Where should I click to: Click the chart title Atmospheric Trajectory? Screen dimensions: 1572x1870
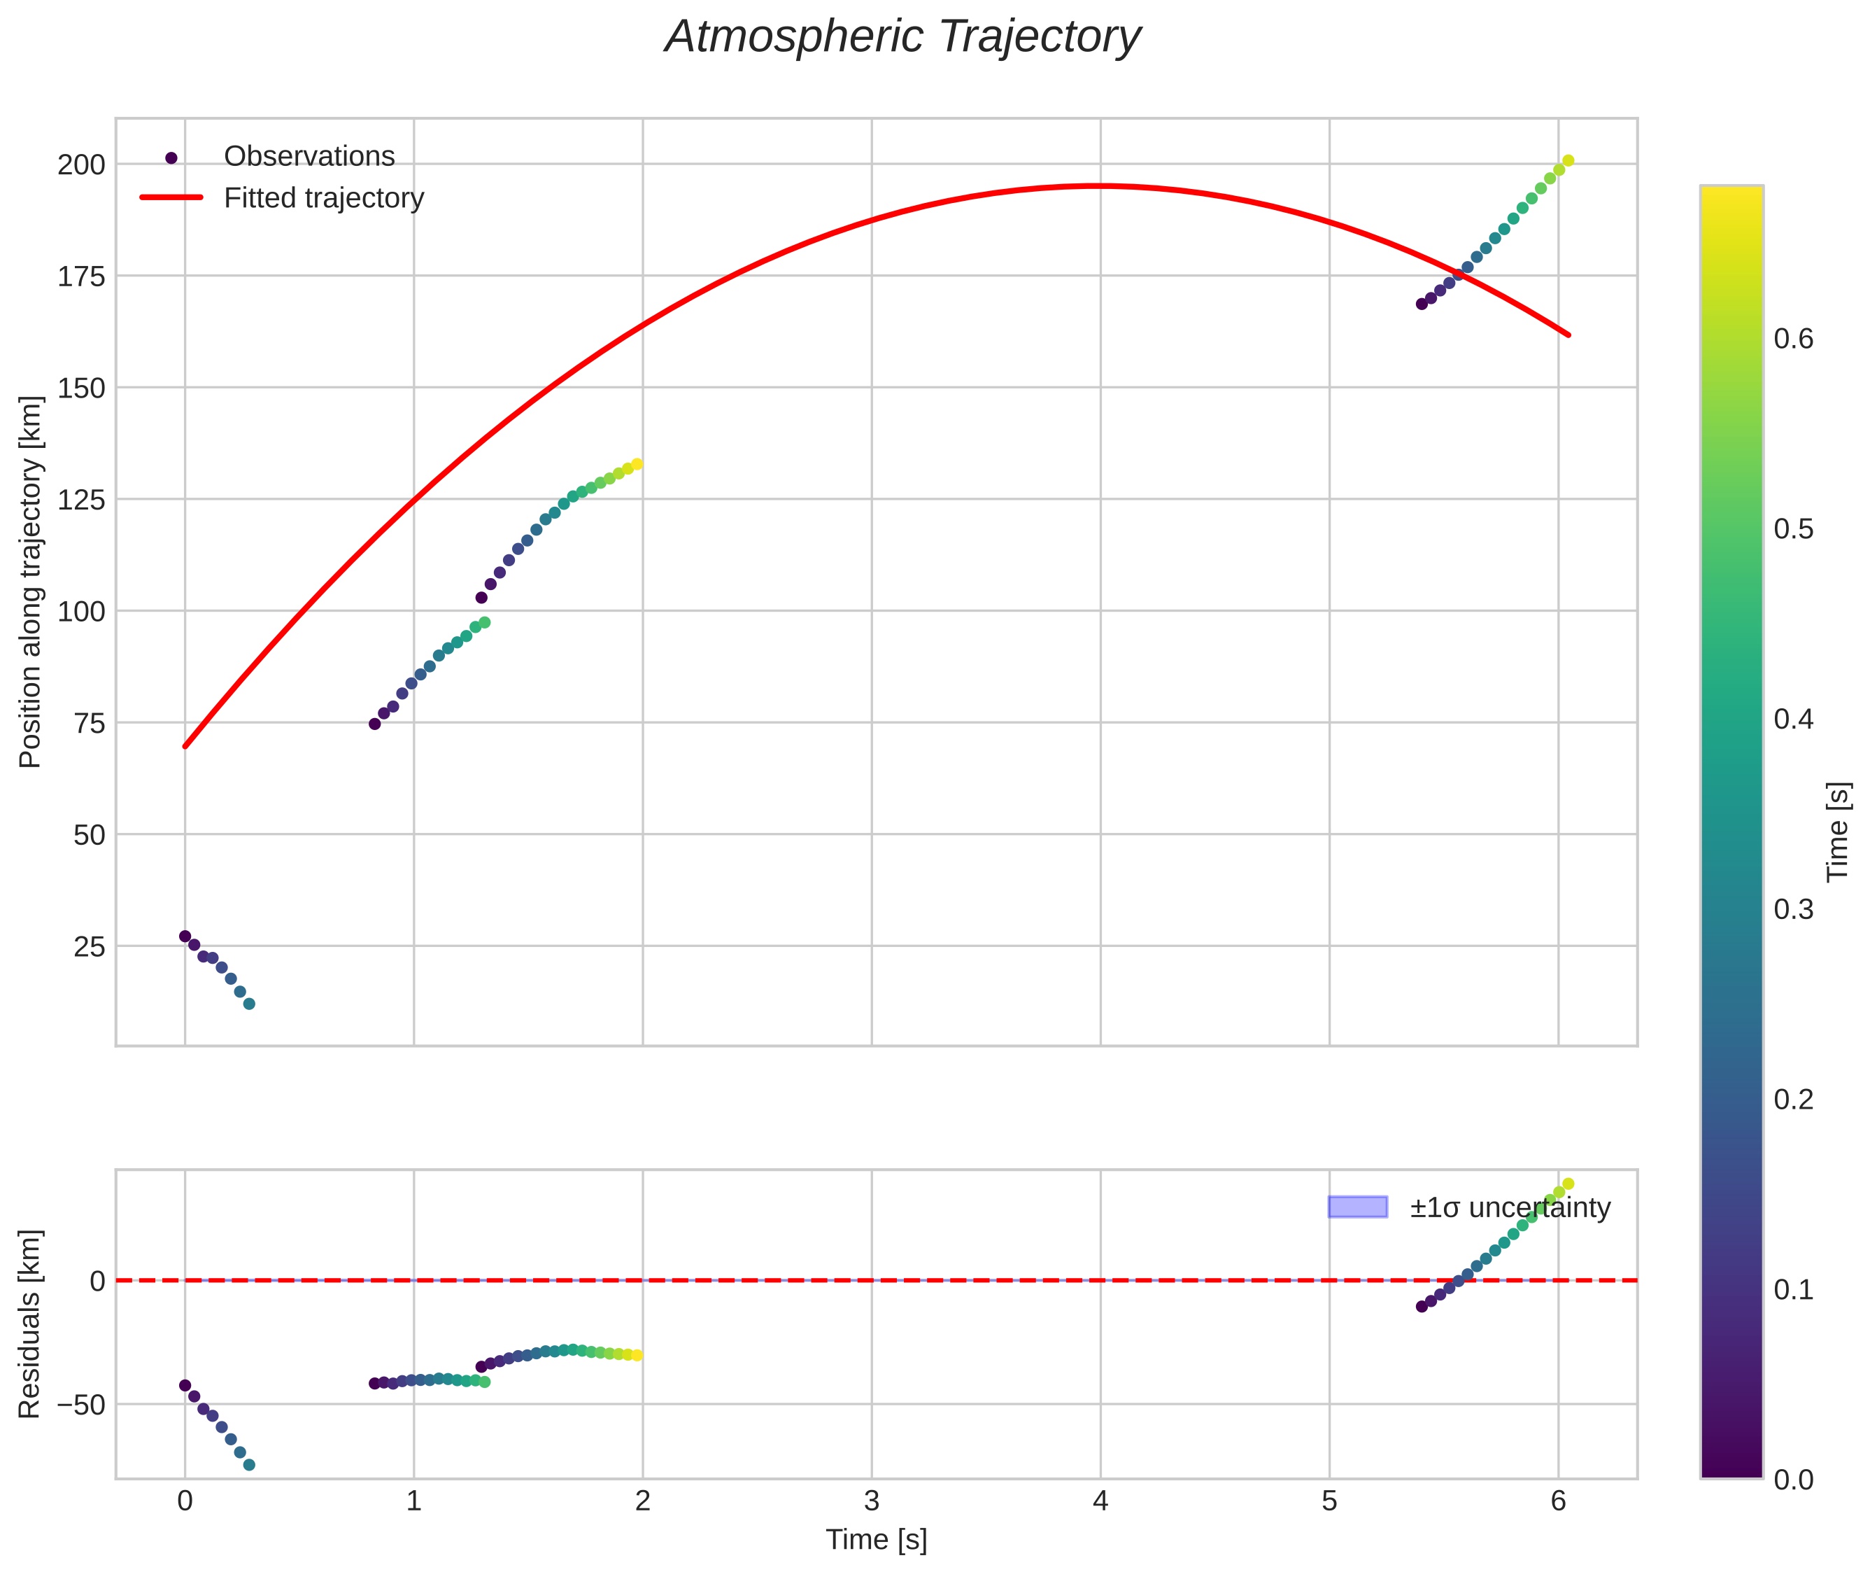[902, 37]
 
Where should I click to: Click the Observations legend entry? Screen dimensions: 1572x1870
[309, 157]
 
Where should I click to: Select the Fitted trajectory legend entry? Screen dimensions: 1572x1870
[323, 198]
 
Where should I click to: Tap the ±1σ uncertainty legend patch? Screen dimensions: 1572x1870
[1357, 1207]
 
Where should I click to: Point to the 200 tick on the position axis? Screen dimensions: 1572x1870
[81, 165]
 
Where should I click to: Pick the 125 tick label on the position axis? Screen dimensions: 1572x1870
[81, 500]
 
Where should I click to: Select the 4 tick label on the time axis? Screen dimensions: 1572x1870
[1100, 1501]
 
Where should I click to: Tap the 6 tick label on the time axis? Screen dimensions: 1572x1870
[1558, 1501]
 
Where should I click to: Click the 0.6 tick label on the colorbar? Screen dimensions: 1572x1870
[1792, 339]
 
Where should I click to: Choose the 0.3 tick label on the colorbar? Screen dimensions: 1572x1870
[1792, 910]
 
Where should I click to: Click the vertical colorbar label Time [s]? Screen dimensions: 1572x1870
[1838, 831]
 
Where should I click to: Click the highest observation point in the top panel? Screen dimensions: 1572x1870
[1568, 160]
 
